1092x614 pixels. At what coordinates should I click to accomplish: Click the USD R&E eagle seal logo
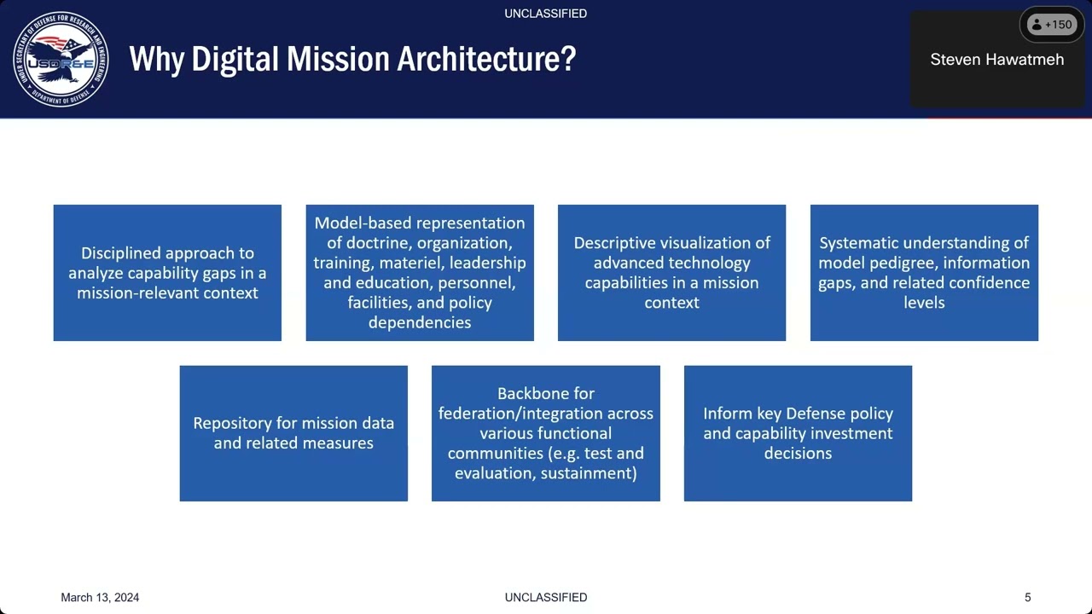coord(61,60)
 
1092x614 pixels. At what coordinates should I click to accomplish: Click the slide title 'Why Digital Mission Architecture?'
coord(352,59)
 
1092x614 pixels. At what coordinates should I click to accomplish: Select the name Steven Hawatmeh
coord(996,60)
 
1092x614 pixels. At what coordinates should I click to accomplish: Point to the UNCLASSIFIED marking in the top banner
coord(545,14)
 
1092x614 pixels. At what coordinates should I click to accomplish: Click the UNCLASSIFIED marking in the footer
coord(545,597)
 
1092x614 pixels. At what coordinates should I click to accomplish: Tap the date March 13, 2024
coord(100,597)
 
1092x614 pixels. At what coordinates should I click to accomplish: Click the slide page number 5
coord(1027,597)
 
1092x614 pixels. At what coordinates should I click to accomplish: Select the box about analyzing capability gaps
coord(167,273)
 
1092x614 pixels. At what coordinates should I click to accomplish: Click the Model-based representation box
coord(420,273)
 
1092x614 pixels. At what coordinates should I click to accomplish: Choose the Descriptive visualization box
coord(671,273)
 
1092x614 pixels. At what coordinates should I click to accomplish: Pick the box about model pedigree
coord(924,273)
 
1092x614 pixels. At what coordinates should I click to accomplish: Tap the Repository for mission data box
coord(293,433)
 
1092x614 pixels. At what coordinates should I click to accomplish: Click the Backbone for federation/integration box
coord(546,433)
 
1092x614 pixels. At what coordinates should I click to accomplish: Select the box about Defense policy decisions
coord(798,433)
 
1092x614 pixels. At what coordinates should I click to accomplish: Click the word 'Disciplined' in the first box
coord(120,253)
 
